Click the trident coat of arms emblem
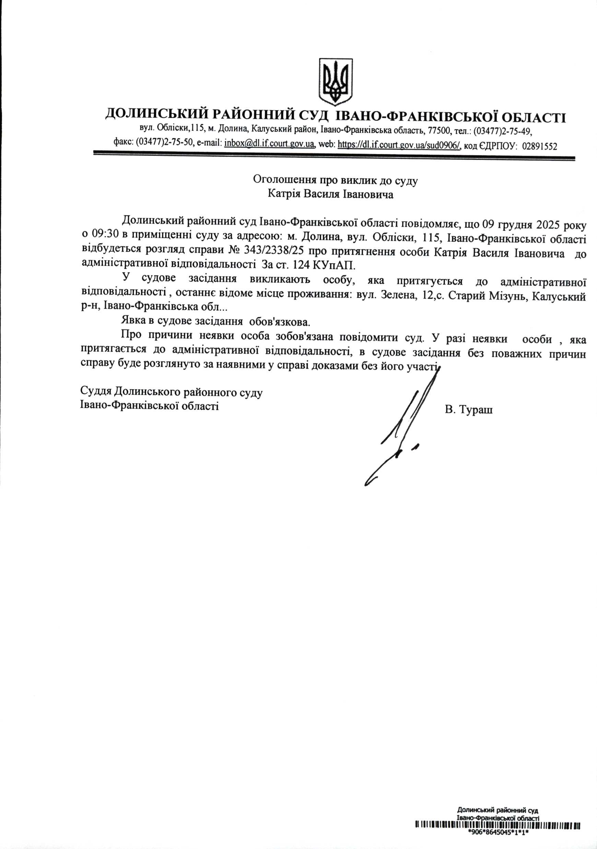(x=335, y=81)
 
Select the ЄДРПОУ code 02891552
(x=539, y=146)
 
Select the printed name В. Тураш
(x=469, y=410)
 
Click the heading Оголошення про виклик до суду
(x=335, y=180)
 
